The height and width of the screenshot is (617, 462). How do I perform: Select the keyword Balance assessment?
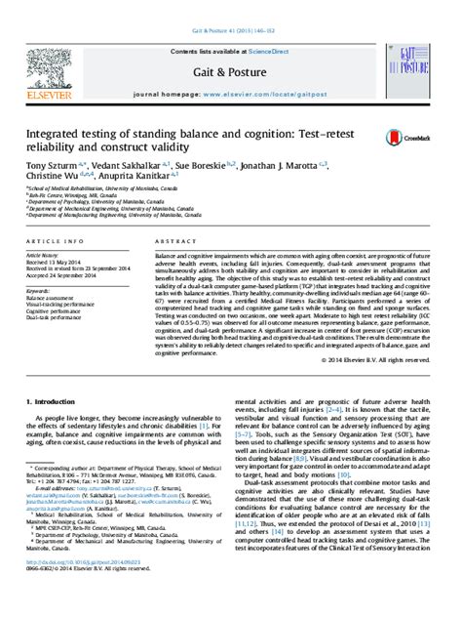[54, 296]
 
